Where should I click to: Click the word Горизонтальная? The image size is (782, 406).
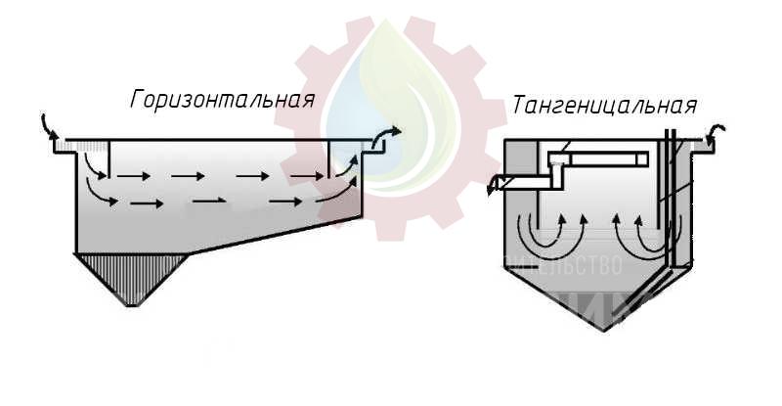click(x=224, y=100)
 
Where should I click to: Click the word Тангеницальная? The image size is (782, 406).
click(x=604, y=107)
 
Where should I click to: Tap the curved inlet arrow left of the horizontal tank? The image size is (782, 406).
click(x=50, y=127)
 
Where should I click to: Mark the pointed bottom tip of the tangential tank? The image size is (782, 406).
click(x=605, y=329)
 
